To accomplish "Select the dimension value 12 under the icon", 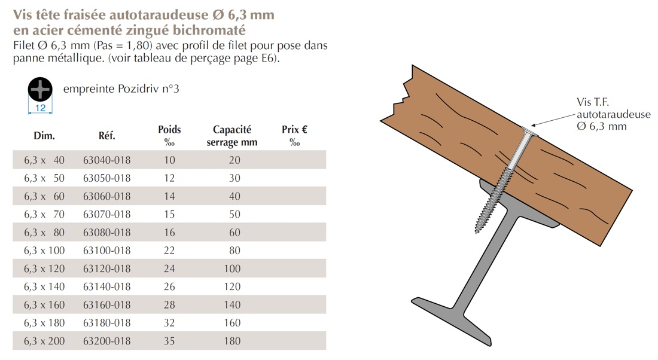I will pos(41,108).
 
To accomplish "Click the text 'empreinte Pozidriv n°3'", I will pos(121,89).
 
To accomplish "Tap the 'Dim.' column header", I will pos(44,136).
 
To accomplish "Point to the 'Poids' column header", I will pos(169,129).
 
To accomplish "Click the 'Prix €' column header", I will pos(295,129).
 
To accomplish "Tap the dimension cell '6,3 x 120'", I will pos(44,269).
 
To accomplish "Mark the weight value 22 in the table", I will pos(169,251).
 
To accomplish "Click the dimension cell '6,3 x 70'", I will pos(44,214).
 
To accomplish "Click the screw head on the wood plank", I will pos(529,132).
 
